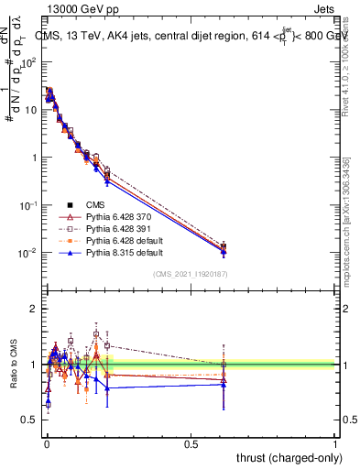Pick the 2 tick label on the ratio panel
32,309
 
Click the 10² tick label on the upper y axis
29,61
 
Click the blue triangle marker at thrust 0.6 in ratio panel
224,385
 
